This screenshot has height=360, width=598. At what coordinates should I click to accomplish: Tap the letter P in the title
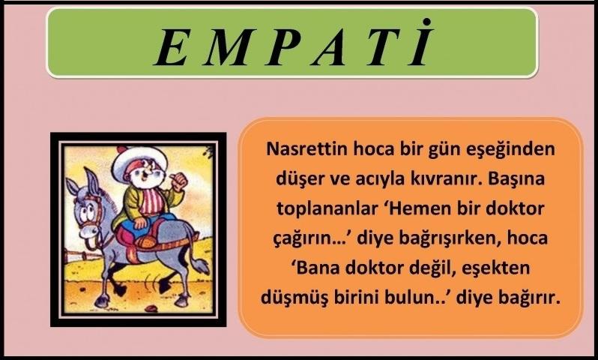coord(285,47)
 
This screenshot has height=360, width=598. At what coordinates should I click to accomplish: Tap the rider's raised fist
coord(179,182)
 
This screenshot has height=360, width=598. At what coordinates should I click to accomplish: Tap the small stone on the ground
coord(151,307)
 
